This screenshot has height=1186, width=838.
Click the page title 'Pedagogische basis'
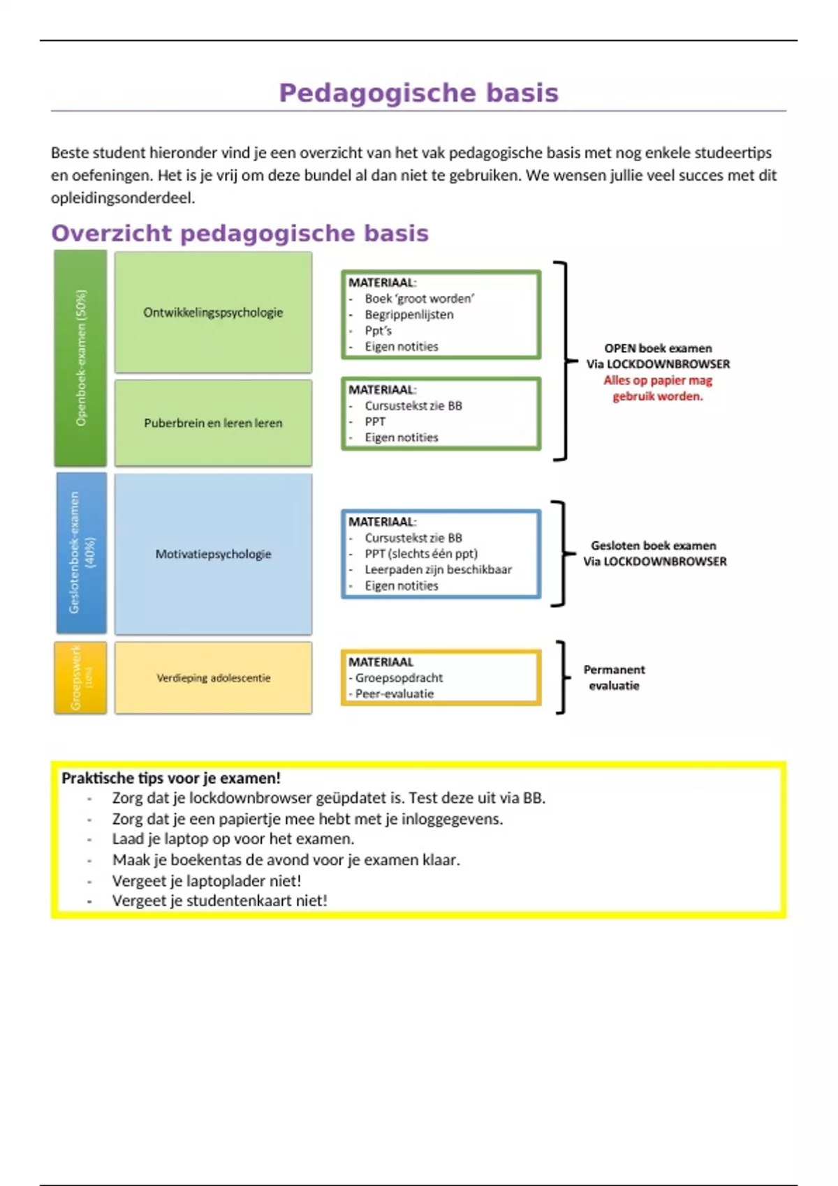418,93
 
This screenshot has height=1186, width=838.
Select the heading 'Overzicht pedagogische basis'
240,233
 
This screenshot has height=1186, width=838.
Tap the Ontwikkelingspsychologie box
213,312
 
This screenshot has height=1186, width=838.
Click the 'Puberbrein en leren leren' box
213,423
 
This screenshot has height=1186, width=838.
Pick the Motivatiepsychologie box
213,554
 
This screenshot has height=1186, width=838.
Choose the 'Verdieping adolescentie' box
213,677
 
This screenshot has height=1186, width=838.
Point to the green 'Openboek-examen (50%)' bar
81,358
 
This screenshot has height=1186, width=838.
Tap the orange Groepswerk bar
80,677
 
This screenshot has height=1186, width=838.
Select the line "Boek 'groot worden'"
419,299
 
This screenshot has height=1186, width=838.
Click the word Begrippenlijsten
409,315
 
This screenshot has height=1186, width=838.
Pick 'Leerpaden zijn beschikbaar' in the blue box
438,569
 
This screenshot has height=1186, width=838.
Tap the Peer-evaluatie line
394,693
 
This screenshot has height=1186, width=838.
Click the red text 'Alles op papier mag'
658,380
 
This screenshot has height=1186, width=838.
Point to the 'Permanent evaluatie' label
614,677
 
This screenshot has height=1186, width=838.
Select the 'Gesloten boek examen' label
654,546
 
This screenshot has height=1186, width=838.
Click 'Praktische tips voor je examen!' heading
171,778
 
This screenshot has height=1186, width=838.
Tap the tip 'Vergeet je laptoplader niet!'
207,880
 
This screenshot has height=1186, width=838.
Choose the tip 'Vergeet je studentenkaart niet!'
219,901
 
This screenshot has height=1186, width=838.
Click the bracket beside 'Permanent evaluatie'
561,677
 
